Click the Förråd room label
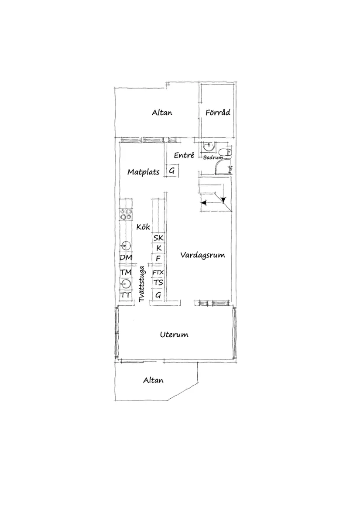(x=218, y=113)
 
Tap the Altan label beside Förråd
(x=162, y=113)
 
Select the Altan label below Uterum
(x=153, y=380)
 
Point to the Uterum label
(x=174, y=335)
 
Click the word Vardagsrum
(x=203, y=255)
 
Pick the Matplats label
(x=143, y=172)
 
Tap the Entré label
(x=184, y=155)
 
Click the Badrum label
(x=213, y=157)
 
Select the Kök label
(x=143, y=226)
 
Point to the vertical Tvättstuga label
(x=141, y=284)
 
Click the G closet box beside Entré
(x=172, y=170)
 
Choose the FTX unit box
(x=158, y=272)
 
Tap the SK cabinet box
(x=158, y=238)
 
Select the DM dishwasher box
(x=126, y=258)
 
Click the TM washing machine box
(x=126, y=272)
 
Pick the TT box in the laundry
(x=126, y=295)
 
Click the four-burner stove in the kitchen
(x=126, y=214)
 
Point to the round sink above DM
(x=126, y=246)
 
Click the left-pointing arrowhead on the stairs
(x=204, y=202)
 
